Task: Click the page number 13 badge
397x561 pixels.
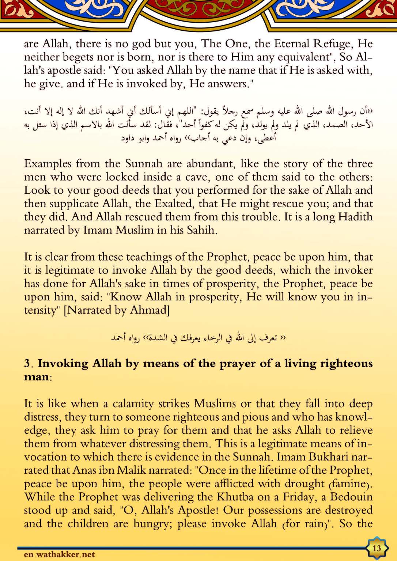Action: (377, 548)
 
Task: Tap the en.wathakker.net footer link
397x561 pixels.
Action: (59, 554)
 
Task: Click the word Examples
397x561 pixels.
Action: (48, 163)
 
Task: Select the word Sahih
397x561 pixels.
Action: (201, 230)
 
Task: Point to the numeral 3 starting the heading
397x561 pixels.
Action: (27, 363)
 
